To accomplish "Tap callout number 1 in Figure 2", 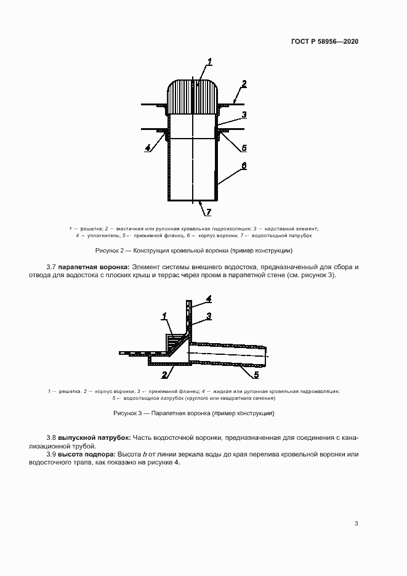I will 209,61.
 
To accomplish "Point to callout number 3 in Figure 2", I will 244,115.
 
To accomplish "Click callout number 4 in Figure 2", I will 148,148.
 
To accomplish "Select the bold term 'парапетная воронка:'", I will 94,267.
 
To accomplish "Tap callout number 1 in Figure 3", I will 164,316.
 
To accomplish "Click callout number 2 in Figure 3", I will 164,374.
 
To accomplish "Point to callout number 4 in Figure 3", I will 209,299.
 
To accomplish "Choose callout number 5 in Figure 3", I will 257,374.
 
